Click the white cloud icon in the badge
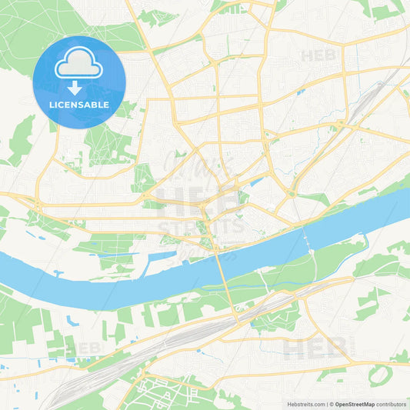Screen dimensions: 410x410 pos(78,65)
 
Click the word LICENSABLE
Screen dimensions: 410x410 pos(78,104)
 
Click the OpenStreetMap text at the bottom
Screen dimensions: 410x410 pos(355,404)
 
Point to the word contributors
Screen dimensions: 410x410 pos(392,404)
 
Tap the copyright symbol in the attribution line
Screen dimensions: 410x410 pos(331,404)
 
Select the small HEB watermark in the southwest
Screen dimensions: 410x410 pos(85,348)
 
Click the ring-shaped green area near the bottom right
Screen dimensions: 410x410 pos(379,375)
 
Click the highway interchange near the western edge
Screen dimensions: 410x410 pos(36,204)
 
